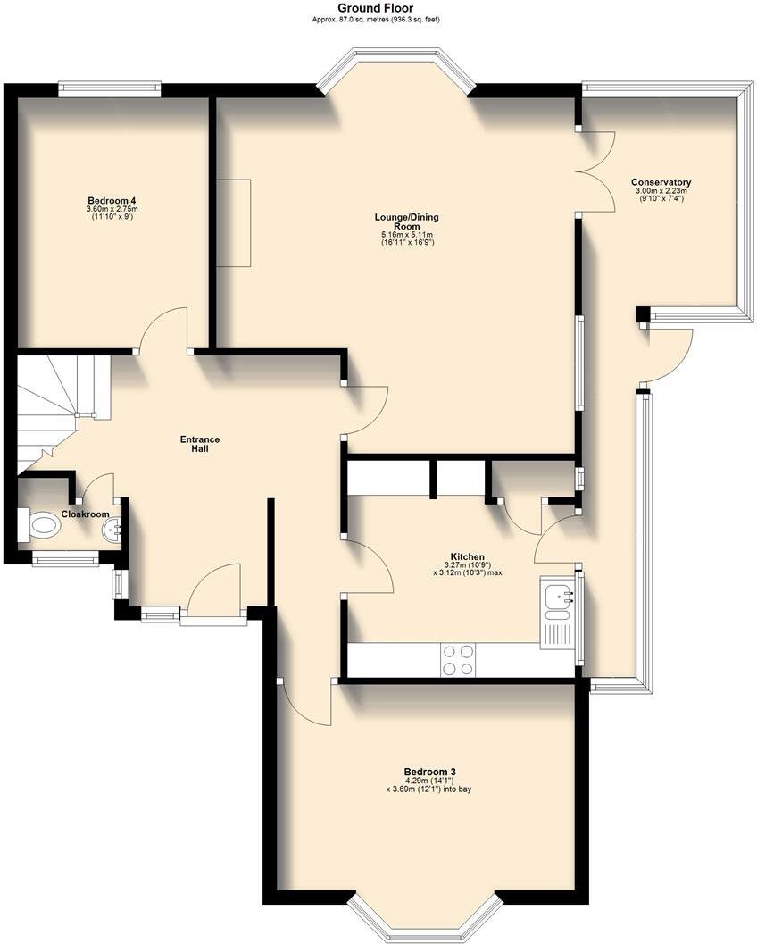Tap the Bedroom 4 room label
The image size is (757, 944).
[x=112, y=200]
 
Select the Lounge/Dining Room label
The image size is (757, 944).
[x=406, y=221]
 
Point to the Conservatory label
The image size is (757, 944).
[x=661, y=182]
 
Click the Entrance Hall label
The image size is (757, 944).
[x=200, y=444]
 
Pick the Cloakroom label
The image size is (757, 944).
[x=85, y=514]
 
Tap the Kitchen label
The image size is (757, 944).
[x=467, y=556]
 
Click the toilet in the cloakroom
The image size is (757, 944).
[x=40, y=525]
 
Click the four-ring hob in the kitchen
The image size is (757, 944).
[x=458, y=660]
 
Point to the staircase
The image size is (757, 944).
[x=58, y=406]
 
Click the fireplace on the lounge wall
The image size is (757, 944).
[x=234, y=222]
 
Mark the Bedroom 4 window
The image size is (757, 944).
[x=109, y=88]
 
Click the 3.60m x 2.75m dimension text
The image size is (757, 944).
[x=112, y=209]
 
